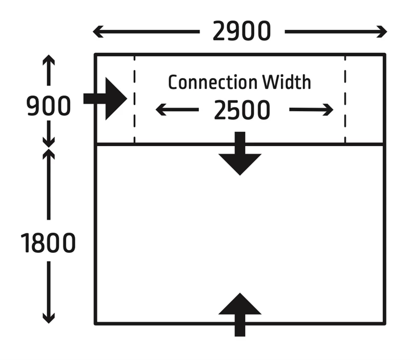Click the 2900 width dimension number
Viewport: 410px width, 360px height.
point(241,32)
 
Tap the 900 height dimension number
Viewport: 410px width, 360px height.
point(49,107)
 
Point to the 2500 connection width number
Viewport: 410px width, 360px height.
point(242,110)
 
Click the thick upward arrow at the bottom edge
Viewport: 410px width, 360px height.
point(240,313)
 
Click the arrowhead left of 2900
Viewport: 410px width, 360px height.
point(98,32)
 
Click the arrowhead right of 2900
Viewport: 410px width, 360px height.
point(382,32)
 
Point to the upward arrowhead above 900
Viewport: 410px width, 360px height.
point(49,60)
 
